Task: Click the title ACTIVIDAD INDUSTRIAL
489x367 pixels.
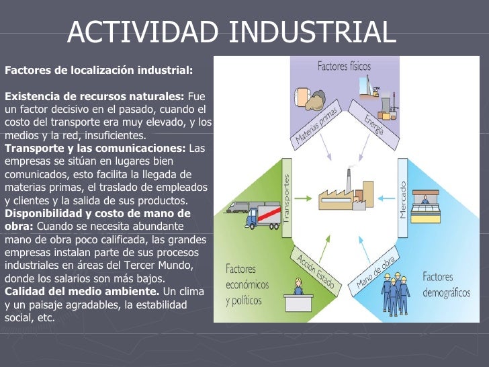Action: pyautogui.click(x=232, y=32)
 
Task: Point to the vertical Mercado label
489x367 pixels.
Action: pyautogui.click(x=404, y=198)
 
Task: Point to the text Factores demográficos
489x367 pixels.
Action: pyautogui.click(x=447, y=284)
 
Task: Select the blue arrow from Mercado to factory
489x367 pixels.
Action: pyautogui.click(x=386, y=198)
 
